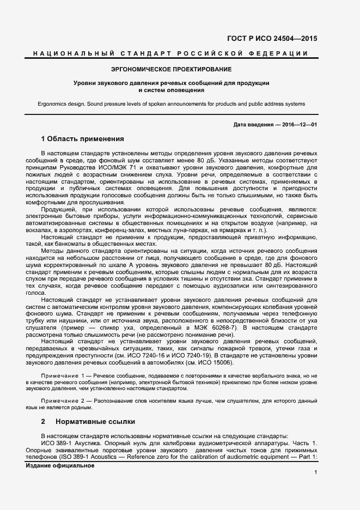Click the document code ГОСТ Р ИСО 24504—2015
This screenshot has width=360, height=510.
272,39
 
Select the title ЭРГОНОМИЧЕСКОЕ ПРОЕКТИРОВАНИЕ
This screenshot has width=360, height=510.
172,69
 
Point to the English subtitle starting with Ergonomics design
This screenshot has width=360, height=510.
172,104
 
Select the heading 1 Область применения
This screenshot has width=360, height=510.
83,138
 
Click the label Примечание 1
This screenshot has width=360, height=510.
63,377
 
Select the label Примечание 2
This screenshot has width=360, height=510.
63,400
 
